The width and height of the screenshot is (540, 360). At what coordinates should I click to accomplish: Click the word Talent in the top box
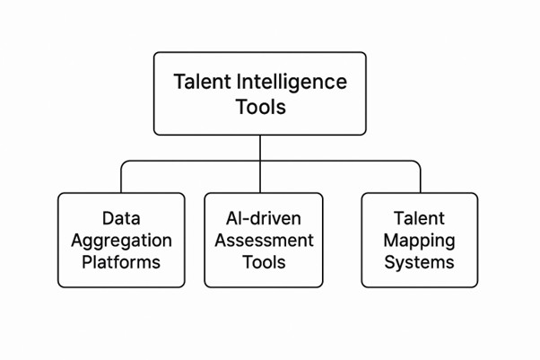click(x=201, y=82)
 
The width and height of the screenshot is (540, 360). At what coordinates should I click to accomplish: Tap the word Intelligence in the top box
click(x=291, y=82)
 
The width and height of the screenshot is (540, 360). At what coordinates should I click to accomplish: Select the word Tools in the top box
click(x=261, y=108)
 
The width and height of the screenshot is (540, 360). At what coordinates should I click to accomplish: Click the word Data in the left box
click(x=121, y=218)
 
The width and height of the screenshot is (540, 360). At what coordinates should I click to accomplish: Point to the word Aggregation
click(x=121, y=240)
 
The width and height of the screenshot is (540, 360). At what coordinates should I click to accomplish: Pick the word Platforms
click(x=121, y=261)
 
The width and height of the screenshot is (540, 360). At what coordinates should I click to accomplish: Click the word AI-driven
click(x=264, y=218)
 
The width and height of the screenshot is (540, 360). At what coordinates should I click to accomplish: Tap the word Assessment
click(x=264, y=240)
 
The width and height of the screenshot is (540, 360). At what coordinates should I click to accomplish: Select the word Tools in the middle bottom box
click(x=264, y=261)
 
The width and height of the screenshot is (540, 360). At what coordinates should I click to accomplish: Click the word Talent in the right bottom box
click(x=420, y=218)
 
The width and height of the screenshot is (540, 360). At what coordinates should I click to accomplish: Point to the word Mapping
click(x=420, y=240)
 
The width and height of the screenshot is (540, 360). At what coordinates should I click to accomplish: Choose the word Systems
click(x=420, y=261)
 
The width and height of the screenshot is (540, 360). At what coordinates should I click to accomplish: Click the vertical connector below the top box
click(x=261, y=148)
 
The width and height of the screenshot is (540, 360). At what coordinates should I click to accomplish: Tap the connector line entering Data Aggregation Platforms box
click(x=121, y=180)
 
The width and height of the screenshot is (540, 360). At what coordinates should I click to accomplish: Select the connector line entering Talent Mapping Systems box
click(x=420, y=180)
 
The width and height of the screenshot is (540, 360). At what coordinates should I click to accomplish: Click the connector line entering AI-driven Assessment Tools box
click(x=261, y=180)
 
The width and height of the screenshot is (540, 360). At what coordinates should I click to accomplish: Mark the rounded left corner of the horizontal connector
click(x=124, y=163)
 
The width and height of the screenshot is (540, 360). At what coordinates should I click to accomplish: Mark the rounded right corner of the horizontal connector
click(x=417, y=163)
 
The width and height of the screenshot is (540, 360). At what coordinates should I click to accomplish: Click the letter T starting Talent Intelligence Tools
click(x=179, y=82)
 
